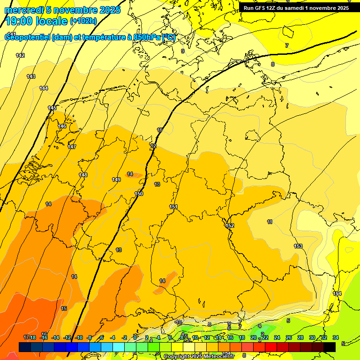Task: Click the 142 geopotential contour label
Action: point(20,55)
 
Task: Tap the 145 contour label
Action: point(52,108)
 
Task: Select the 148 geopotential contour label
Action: point(83,175)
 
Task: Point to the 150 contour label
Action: point(139,194)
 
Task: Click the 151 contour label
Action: point(173,207)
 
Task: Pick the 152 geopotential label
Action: point(230,225)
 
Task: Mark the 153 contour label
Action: point(298,246)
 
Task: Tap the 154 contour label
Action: point(337,293)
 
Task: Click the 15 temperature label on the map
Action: point(64,308)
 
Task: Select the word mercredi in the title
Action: point(24,10)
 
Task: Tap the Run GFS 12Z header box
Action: point(296,8)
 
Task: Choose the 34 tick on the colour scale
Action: point(336,337)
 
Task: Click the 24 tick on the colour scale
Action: point(277,337)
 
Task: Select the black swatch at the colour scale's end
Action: point(330,347)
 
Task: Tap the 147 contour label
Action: point(72,147)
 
